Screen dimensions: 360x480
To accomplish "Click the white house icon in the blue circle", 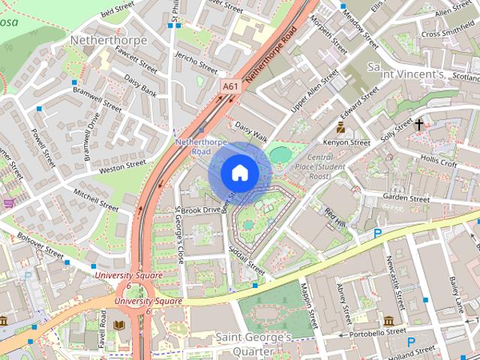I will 238,172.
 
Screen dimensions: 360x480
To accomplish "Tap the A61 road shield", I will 232,88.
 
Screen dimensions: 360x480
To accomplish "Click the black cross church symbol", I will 418,125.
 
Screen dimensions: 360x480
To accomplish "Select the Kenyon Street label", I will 346,142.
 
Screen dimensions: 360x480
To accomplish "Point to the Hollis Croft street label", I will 439,162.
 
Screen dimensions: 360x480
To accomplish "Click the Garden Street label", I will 405,198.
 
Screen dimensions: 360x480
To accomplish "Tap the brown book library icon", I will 119,325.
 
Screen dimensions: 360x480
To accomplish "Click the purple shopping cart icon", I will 8,202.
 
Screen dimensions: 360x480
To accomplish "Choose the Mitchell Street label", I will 95,199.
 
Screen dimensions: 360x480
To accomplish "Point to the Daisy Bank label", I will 140,85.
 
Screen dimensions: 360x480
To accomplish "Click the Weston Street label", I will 122,164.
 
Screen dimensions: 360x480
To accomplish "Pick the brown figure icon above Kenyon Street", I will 340,127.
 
